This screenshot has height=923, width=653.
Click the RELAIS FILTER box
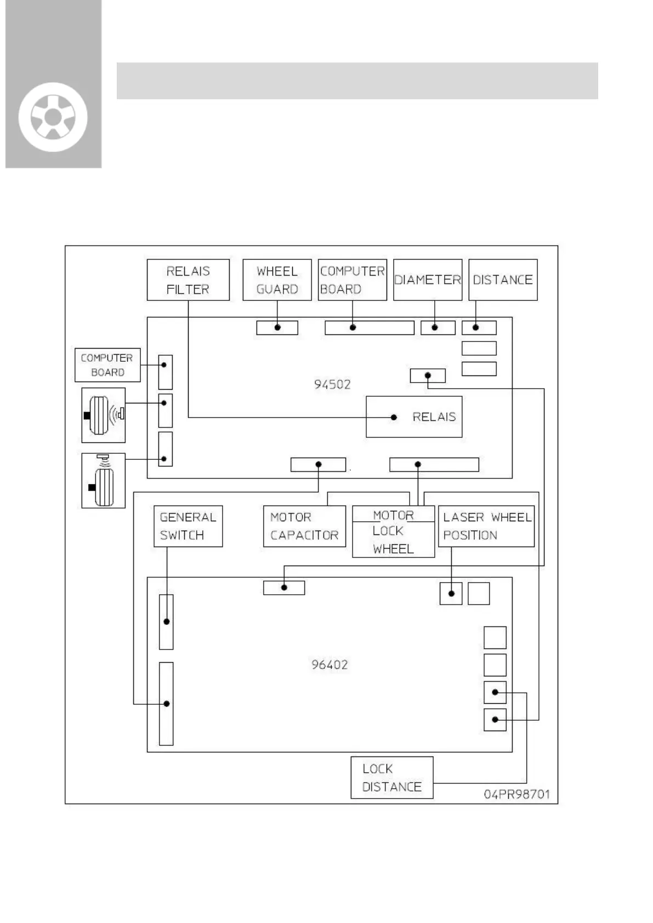pos(188,280)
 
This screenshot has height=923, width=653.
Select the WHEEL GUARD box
pos(277,280)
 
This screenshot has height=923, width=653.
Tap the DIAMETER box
pos(428,280)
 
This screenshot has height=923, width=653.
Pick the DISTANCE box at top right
pos(503,280)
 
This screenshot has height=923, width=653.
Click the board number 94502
pos(332,384)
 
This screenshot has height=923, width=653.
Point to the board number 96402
pos(330,665)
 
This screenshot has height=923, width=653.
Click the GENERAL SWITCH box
pos(188,526)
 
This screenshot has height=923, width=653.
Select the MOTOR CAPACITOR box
pos(304,526)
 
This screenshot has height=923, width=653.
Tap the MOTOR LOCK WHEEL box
pos(393,532)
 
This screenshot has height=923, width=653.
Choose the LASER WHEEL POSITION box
pos(486,526)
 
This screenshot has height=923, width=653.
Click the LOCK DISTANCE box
pos(392,778)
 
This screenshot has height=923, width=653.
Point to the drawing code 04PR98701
pos(516,794)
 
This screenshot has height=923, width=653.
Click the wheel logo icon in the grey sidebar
pos(53,117)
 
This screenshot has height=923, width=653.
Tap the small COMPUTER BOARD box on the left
pos(107,365)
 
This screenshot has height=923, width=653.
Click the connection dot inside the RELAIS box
pos(394,417)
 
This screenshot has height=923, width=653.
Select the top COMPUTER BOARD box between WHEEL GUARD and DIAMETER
pos(353,280)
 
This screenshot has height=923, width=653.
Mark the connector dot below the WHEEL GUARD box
pos(277,328)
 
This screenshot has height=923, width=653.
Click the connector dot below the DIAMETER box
pos(435,328)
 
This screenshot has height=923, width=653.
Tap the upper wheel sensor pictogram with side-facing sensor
pos(104,415)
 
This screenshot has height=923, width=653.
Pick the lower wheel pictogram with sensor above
pos(104,481)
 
